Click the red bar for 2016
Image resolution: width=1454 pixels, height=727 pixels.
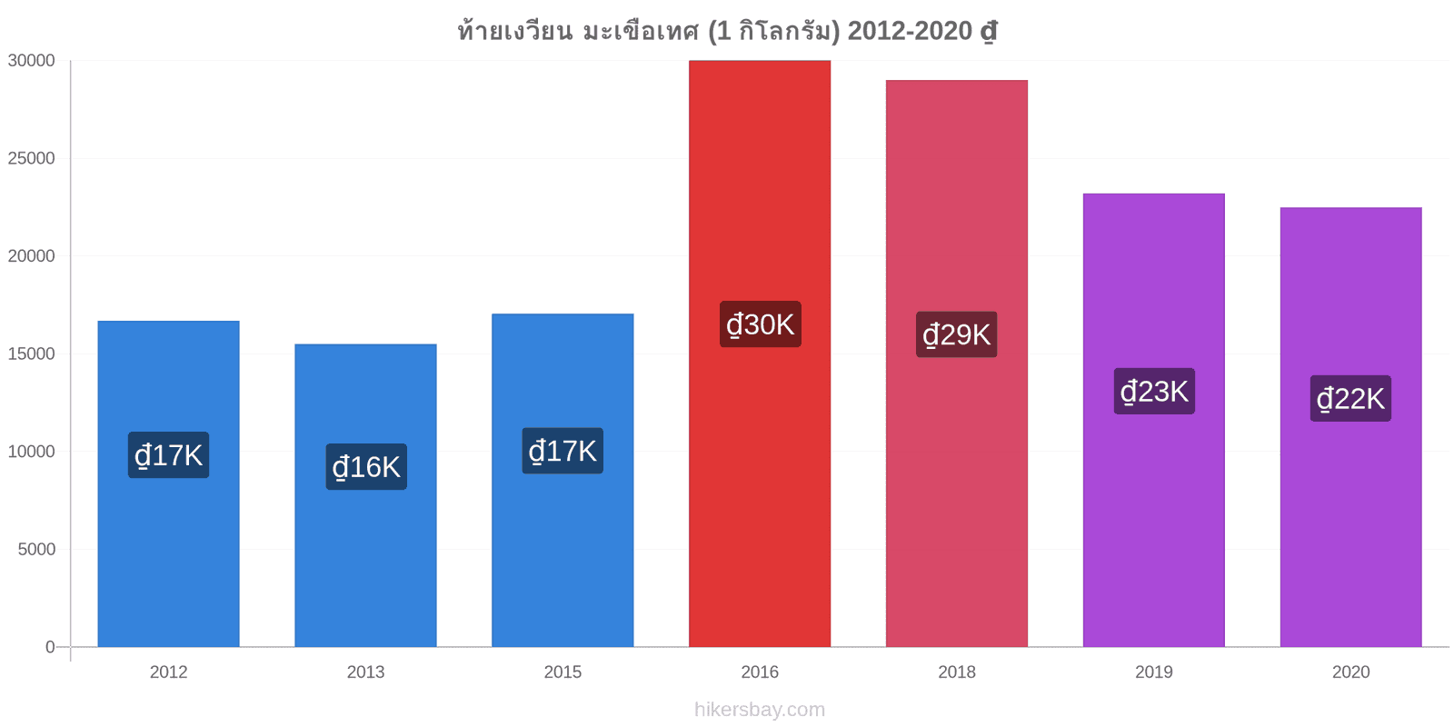[760, 354]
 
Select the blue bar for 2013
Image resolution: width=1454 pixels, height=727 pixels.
[365, 495]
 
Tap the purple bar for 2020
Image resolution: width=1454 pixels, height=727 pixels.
[1350, 427]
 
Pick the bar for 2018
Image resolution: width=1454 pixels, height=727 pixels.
[957, 363]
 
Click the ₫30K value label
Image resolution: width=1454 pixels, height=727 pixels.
[760, 324]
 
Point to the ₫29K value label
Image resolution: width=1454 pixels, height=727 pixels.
[957, 334]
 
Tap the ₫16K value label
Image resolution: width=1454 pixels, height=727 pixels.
[366, 467]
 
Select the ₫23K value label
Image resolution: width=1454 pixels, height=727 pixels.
[1154, 392]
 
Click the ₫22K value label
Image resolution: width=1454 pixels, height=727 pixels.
[1350, 399]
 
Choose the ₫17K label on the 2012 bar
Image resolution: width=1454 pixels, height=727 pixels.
[169, 455]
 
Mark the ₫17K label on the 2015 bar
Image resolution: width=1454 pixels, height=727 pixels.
[563, 451]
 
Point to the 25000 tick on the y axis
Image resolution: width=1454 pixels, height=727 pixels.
[31, 158]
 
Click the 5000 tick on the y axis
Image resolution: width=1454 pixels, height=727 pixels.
[36, 550]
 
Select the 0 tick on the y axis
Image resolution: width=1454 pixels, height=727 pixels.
[50, 647]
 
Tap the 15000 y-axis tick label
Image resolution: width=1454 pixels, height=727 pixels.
[31, 354]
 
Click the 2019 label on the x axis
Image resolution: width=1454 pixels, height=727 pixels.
[1153, 672]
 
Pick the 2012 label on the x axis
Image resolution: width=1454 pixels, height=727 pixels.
[169, 672]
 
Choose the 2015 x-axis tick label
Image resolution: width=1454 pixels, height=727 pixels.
[563, 672]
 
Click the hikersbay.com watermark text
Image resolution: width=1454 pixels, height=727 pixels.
[760, 710]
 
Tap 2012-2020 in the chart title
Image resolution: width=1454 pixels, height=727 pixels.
[910, 31]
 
